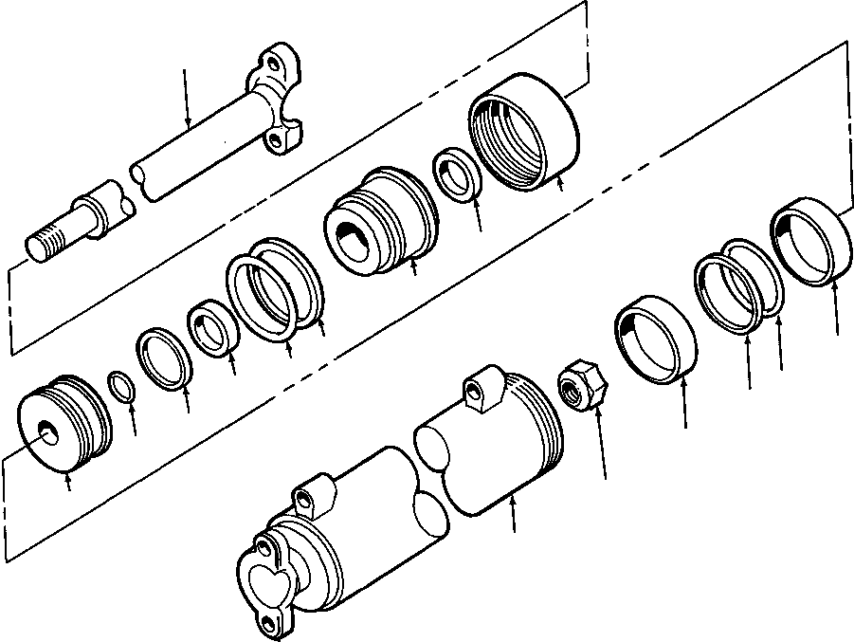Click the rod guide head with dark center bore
click(379, 220)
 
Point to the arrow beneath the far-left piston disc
click(69, 485)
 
